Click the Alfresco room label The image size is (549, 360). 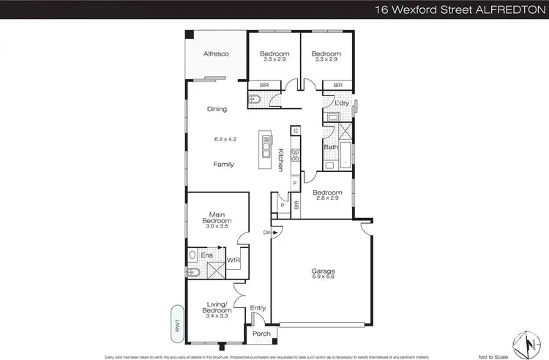tap(216, 54)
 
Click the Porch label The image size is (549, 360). tap(261, 334)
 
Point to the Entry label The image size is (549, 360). tap(257, 308)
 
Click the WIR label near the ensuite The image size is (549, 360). tap(234, 259)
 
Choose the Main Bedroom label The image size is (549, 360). tap(217, 220)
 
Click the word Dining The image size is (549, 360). tap(217, 109)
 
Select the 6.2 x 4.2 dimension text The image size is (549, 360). tap(224, 138)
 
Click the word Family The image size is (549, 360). tap(223, 165)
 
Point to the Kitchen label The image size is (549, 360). tap(280, 160)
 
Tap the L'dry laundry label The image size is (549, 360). tap(341, 103)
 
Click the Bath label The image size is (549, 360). tap(331, 147)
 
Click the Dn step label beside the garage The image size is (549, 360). tap(268, 233)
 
